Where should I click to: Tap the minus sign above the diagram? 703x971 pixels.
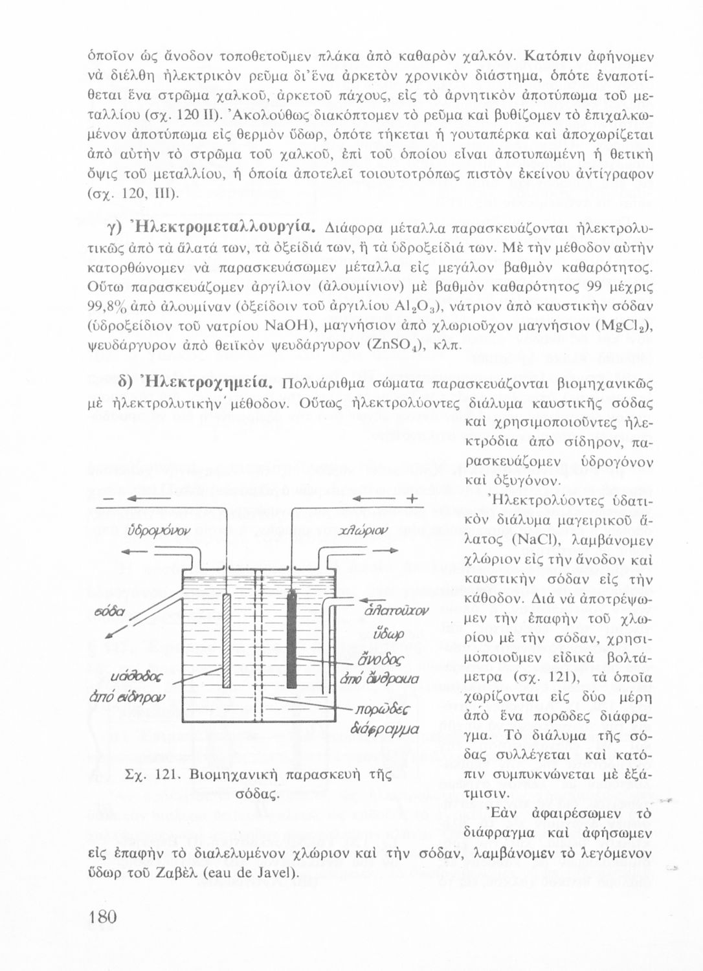click(x=106, y=499)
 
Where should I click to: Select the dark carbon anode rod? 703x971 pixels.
click(x=291, y=638)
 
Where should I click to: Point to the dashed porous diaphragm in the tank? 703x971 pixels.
click(x=257, y=647)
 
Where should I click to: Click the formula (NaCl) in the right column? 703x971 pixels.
click(x=533, y=539)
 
